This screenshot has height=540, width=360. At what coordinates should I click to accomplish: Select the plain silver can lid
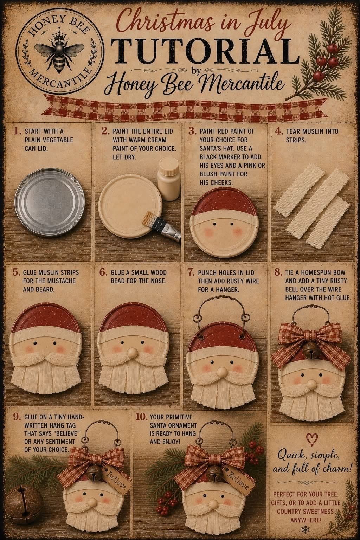point(50,202)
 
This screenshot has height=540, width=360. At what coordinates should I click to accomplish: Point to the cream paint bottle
point(169,179)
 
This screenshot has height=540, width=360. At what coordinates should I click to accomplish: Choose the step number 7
point(191,273)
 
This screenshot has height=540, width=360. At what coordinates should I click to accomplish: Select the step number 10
point(141,417)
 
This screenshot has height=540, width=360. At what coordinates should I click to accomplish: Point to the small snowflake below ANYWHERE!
point(305,529)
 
